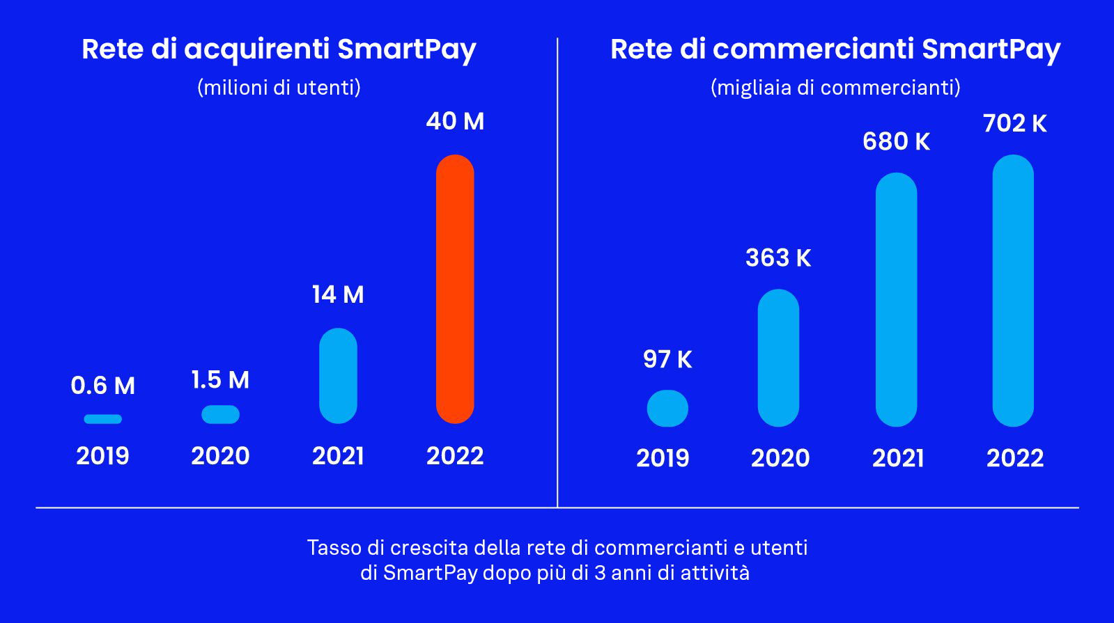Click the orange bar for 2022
[455, 289]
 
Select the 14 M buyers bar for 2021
[338, 376]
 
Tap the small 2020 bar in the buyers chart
[220, 414]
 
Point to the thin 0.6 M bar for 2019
[103, 419]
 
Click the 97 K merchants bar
[667, 409]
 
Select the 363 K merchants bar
[778, 358]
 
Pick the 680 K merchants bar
[896, 299]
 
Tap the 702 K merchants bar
[1013, 290]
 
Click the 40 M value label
[455, 121]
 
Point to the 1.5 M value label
[220, 380]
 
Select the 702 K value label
[1014, 124]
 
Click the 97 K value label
[667, 359]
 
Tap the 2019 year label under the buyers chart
[103, 456]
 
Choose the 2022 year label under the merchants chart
[1015, 458]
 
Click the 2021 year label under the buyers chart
[338, 456]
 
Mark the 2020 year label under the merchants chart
[780, 458]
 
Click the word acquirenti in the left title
[256, 50]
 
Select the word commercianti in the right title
[813, 49]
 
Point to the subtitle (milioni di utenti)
[279, 88]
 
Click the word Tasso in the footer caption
[332, 548]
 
